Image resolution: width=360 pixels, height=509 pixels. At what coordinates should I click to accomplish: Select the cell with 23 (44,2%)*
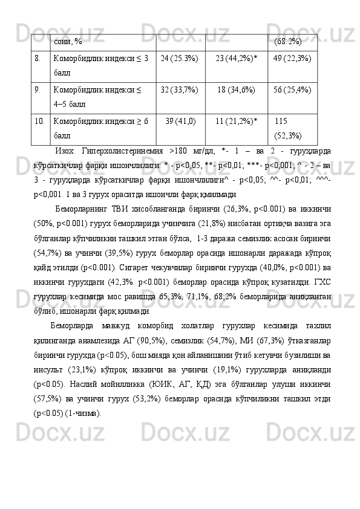tap(237, 58)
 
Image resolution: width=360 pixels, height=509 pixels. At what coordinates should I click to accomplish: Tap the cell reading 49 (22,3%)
tap(292, 58)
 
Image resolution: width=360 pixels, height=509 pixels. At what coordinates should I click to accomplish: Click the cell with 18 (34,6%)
tap(237, 90)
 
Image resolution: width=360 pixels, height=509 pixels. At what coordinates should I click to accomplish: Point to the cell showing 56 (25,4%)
tap(292, 90)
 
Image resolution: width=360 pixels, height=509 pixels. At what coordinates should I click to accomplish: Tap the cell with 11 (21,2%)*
tap(237, 122)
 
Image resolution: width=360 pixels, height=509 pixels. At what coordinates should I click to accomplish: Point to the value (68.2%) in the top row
tap(288, 41)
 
